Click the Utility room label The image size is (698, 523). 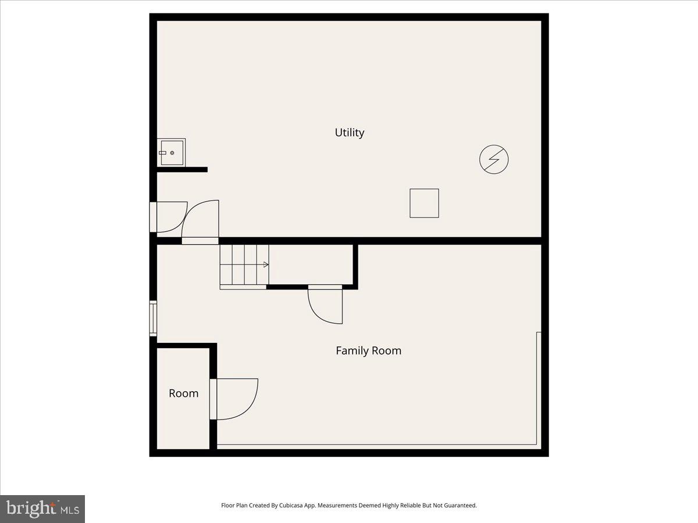coord(349,132)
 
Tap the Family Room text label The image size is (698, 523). coord(368,350)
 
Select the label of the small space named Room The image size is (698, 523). coord(183,393)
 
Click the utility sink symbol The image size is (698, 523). coord(171,153)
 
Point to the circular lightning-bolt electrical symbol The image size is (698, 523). coord(494,159)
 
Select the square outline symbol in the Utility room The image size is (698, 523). coord(424,203)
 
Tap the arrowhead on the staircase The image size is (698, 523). coord(266,264)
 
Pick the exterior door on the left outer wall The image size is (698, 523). coord(169,217)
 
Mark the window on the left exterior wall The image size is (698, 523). coord(153,318)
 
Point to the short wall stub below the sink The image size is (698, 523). coord(182,170)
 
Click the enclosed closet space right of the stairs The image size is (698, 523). coord(311,264)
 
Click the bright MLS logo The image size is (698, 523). coord(42,508)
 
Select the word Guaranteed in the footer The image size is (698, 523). coord(460,506)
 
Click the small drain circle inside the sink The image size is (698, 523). coord(172,153)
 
